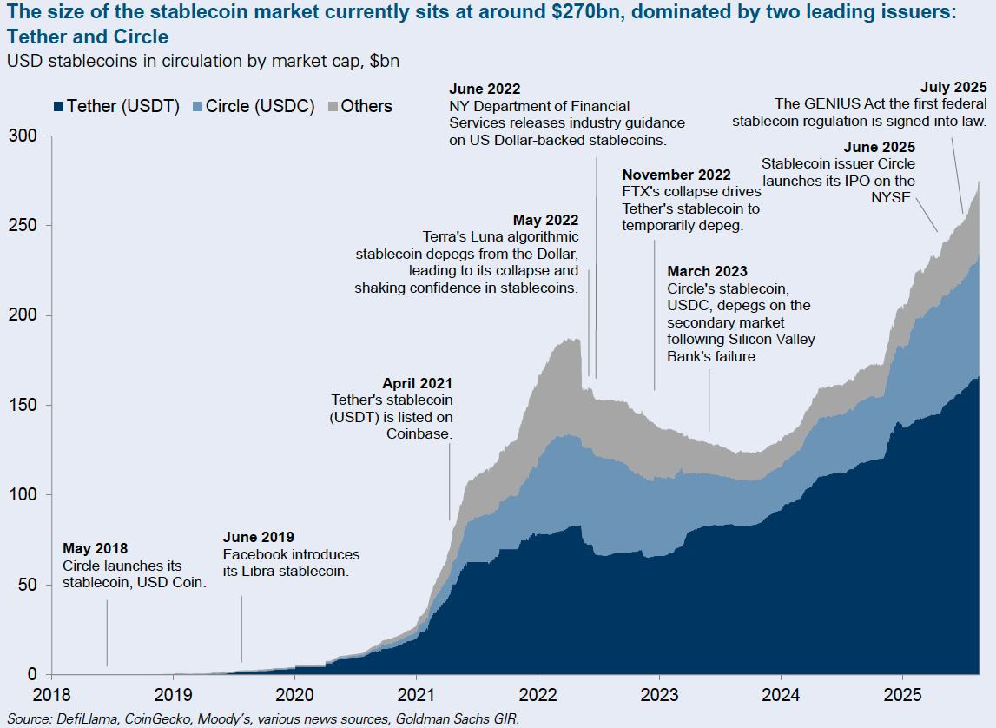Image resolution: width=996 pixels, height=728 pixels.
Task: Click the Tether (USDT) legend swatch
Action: [x=58, y=107]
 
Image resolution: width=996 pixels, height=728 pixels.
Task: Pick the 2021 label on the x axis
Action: [x=416, y=696]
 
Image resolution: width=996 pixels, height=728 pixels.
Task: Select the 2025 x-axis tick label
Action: [x=902, y=696]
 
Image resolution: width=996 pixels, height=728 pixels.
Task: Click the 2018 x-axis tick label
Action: [x=52, y=696]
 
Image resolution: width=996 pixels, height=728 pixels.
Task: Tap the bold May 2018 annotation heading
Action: [x=96, y=549]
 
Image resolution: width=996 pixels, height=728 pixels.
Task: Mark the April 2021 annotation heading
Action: [x=417, y=383]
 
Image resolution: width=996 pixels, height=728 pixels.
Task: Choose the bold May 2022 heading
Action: [x=545, y=221]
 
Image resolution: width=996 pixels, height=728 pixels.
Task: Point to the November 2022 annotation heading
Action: [x=676, y=175]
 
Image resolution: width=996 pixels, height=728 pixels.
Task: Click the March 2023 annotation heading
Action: [x=707, y=272]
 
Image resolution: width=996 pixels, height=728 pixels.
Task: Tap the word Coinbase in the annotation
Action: [x=419, y=433]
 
